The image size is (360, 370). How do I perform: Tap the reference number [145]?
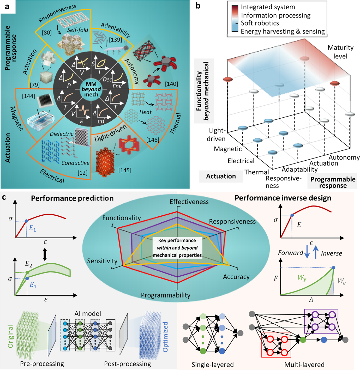pyautogui.click(x=125, y=170)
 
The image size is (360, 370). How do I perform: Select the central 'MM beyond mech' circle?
pyautogui.click(x=91, y=89)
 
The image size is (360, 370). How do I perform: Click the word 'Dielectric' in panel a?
pyautogui.click(x=62, y=134)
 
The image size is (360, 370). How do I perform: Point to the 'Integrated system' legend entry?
pyautogui.click(x=268, y=7)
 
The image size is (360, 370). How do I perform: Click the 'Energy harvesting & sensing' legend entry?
pyautogui.click(x=283, y=31)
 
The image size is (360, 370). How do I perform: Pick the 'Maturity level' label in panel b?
pyautogui.click(x=340, y=52)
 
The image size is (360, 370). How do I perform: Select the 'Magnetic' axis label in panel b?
pyautogui.click(x=228, y=149)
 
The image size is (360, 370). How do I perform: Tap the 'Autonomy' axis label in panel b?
pyautogui.click(x=344, y=157)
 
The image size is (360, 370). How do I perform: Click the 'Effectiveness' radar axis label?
pyautogui.click(x=189, y=202)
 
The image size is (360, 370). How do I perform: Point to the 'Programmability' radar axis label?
pyautogui.click(x=166, y=295)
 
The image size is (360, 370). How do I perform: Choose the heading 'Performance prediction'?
pyautogui.click(x=72, y=198)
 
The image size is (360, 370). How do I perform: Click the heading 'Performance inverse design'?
pyautogui.click(x=283, y=198)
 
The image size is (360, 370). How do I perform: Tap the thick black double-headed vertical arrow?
pyautogui.click(x=45, y=255)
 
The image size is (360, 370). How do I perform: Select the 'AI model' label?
pyautogui.click(x=88, y=313)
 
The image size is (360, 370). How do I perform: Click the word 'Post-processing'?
pyautogui.click(x=127, y=364)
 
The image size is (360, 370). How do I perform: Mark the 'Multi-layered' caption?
pyautogui.click(x=304, y=365)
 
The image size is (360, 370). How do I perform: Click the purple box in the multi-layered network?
pyautogui.click(x=321, y=321)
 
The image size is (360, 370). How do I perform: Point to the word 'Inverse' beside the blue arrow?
pyautogui.click(x=331, y=253)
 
